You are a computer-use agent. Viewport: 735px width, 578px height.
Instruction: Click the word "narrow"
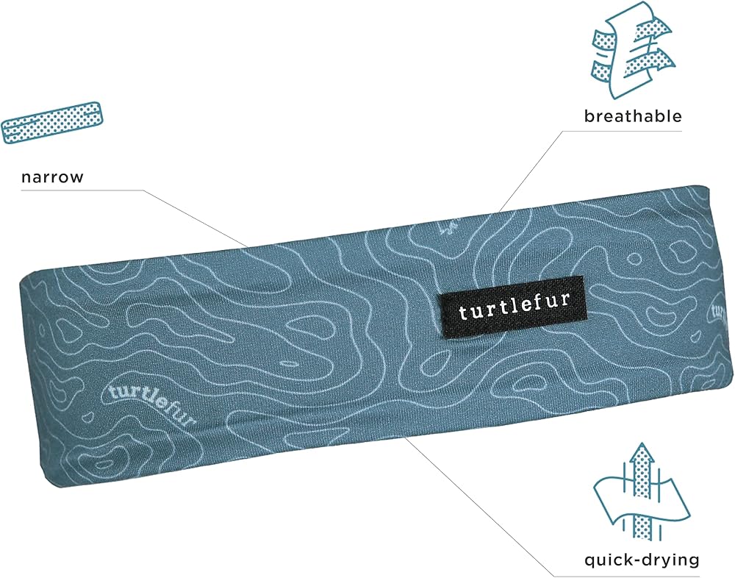[x=52, y=177]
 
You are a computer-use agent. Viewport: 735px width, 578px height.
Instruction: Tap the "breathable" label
[x=633, y=116]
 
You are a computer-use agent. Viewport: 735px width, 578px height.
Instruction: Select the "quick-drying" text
[x=642, y=560]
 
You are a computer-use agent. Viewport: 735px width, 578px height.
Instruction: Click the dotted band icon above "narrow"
[x=51, y=121]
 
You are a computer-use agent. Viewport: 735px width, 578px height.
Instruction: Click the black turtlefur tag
[x=513, y=310]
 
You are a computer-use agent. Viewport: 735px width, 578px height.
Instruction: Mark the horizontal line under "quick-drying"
[x=625, y=574]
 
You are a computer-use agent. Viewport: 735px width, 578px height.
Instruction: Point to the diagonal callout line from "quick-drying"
[x=478, y=507]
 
